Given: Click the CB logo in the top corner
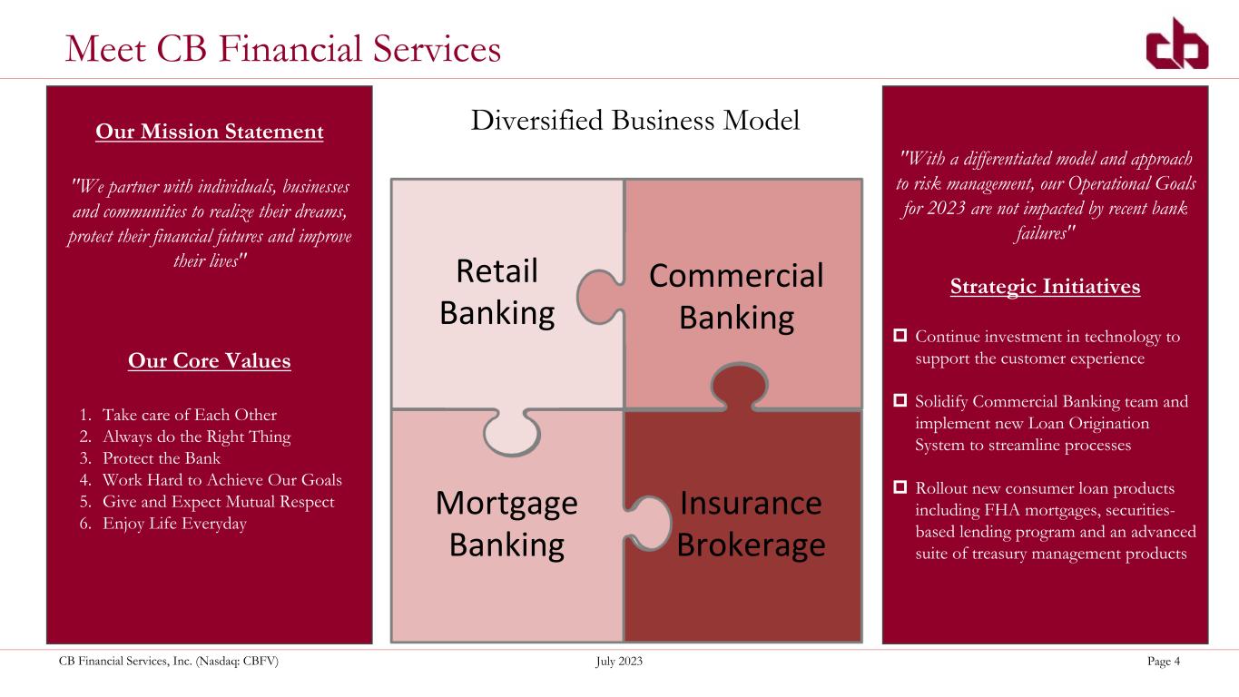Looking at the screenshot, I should pos(1176,44).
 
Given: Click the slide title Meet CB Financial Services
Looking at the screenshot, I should pos(283,48).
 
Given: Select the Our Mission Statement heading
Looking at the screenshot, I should pos(210,132).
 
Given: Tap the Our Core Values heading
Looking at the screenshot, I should pos(210,361).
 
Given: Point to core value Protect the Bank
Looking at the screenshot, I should pos(162,458).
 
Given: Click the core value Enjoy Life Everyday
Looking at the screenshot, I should pos(174,524).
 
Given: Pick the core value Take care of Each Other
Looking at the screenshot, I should pos(189,415).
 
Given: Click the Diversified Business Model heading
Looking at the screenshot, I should pos(635,120).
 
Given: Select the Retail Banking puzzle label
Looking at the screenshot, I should pos(497,291).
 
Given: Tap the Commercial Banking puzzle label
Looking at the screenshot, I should pos(736,296).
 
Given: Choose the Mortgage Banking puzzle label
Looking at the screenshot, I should pos(506,524).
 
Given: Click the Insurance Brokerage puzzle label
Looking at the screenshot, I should pos(751,524).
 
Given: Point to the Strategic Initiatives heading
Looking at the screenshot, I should pos(1045,287).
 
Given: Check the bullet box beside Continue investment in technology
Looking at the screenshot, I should pos(901,337).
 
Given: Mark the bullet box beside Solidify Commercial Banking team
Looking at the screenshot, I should pos(901,400).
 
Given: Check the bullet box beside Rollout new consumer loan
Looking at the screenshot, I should pos(901,487).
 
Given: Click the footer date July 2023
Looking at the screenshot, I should pos(619,663).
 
